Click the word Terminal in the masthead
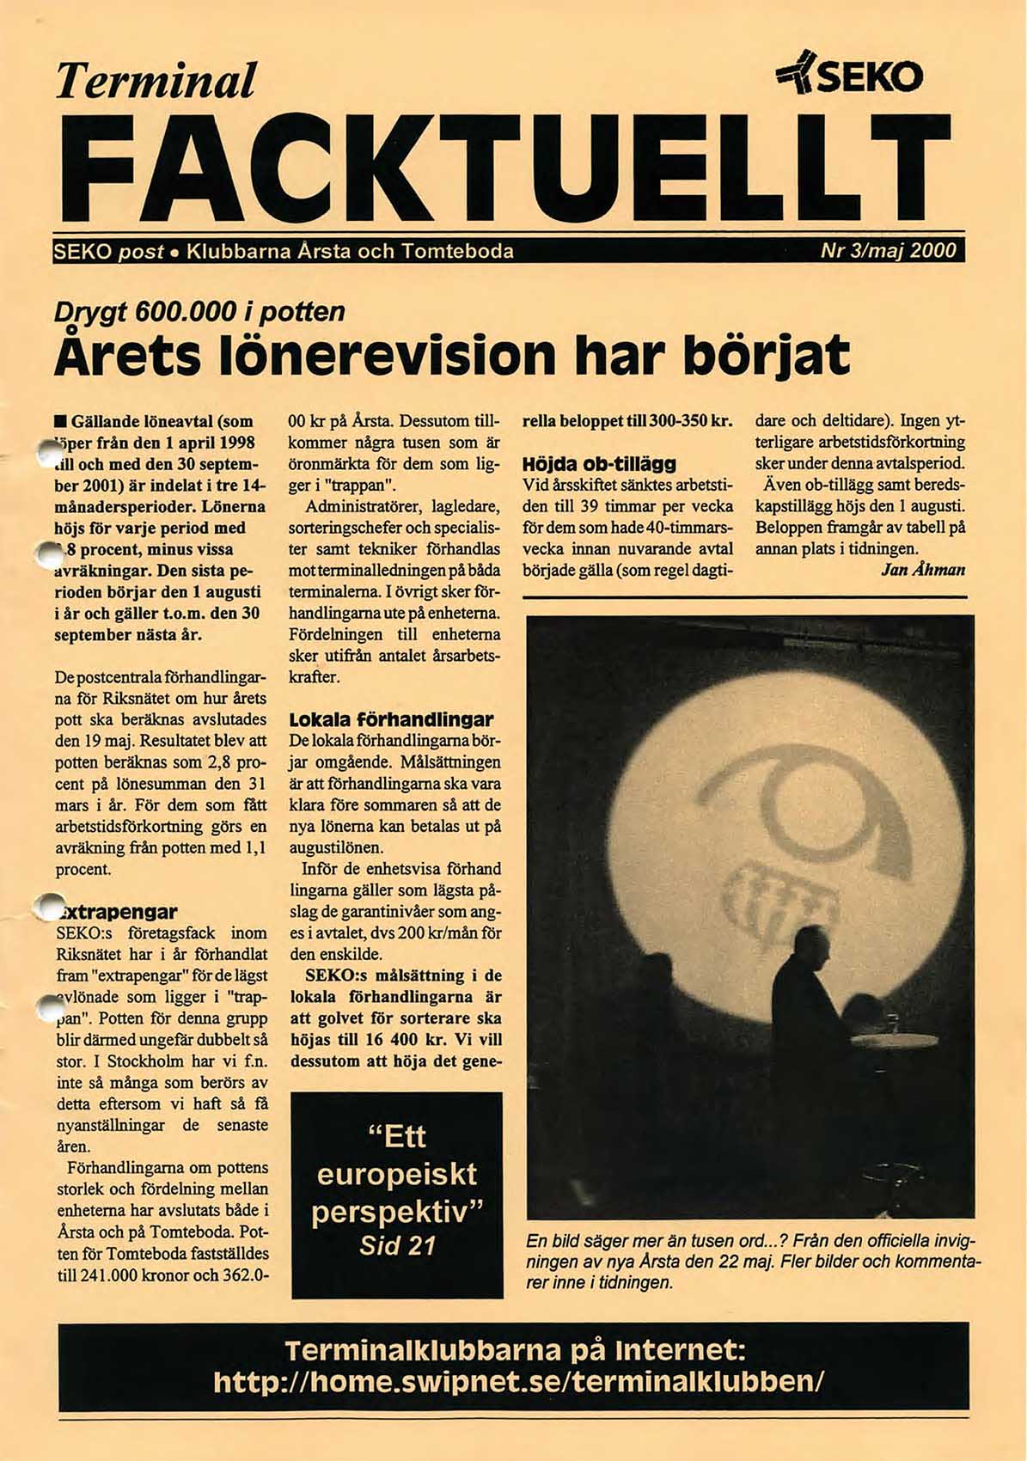pyautogui.click(x=156, y=81)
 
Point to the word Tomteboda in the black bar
pyautogui.click(x=457, y=252)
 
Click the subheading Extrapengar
pyautogui.click(x=117, y=912)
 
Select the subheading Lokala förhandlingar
pyautogui.click(x=391, y=719)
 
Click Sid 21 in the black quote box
pyautogui.click(x=397, y=1245)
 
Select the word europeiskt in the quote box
pyautogui.click(x=397, y=1174)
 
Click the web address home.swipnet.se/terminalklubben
pyautogui.click(x=518, y=1381)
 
